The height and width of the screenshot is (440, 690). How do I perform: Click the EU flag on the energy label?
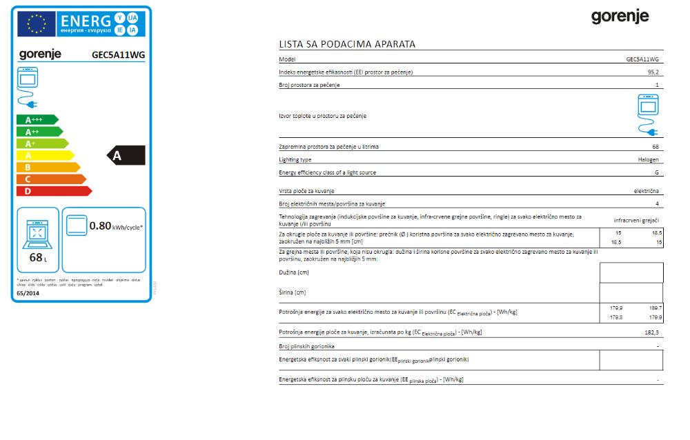(37, 25)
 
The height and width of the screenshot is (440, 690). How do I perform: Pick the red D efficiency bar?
(52, 191)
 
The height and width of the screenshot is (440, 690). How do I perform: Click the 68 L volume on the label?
(37, 258)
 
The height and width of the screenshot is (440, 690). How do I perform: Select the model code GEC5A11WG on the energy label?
(118, 54)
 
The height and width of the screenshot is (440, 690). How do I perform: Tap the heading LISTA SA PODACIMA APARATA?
(347, 44)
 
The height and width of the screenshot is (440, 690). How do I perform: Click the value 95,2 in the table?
(653, 72)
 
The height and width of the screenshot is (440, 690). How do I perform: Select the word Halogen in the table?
(649, 159)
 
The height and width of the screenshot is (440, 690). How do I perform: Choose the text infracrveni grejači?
(636, 220)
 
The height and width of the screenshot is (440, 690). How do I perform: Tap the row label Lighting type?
(295, 159)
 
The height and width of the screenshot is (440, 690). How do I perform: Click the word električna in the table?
(647, 190)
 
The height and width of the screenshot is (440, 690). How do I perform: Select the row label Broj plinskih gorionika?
(306, 346)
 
